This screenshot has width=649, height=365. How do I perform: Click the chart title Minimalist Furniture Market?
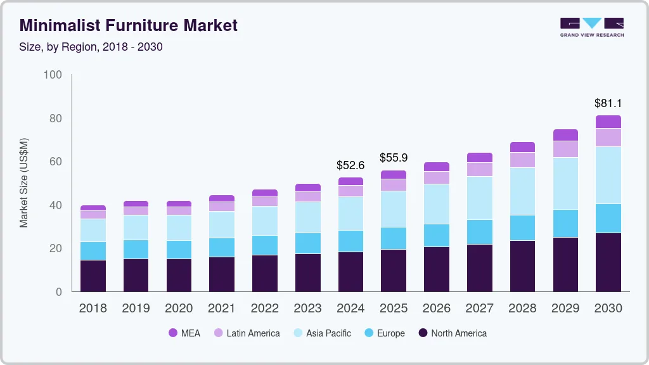129,25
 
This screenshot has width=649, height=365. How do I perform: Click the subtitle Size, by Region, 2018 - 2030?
91,47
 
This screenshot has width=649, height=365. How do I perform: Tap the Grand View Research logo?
591,27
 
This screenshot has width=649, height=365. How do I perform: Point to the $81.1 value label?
608,103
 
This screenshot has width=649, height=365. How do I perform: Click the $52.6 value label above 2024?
350,165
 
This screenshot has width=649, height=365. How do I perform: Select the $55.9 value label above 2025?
394,158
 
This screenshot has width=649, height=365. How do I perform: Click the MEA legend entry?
184,333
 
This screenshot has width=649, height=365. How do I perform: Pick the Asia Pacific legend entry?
321,333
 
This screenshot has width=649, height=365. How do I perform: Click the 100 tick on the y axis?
53,75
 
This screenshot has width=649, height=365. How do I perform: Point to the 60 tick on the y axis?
56,162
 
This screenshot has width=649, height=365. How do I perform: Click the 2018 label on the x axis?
93,309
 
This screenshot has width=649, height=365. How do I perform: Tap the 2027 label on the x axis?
479,309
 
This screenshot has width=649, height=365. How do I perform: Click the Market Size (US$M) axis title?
23,182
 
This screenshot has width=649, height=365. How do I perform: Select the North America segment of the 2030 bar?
608,262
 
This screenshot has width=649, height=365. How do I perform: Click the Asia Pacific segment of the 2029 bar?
565,183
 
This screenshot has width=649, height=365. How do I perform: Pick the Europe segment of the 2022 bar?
264,245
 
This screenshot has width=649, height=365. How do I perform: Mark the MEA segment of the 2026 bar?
436,167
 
